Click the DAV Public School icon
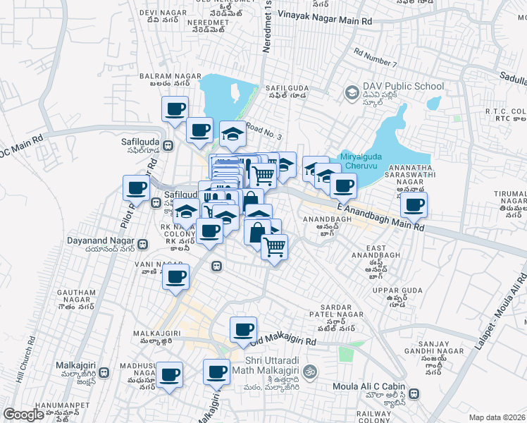click(x=351, y=92)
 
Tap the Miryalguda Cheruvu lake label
click(x=365, y=161)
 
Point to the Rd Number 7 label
click(x=376, y=57)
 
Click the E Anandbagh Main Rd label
click(x=380, y=216)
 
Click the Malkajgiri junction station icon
click(x=104, y=372)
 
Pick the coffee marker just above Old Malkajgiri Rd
click(x=244, y=329)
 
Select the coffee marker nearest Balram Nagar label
click(x=175, y=109)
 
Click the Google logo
click(x=23, y=415)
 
